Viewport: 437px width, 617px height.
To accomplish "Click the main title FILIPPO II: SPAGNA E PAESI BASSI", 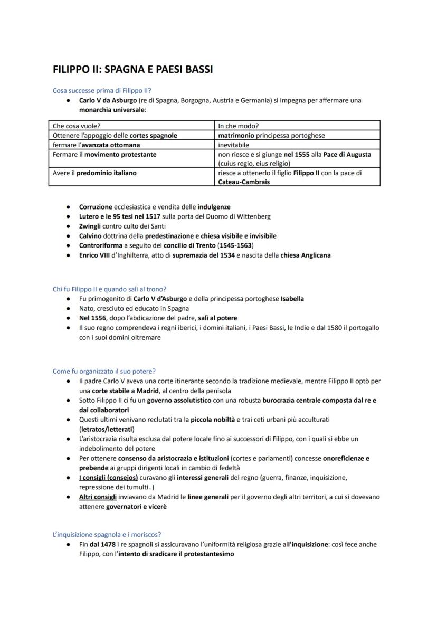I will [x=132, y=69].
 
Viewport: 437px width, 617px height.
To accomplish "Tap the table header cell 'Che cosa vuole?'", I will [x=77, y=126].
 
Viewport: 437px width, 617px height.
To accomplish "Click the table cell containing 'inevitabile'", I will [x=233, y=145].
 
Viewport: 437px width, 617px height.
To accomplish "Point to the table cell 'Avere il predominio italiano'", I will [x=91, y=173].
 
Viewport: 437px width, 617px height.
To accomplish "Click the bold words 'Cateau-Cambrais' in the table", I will [x=243, y=182].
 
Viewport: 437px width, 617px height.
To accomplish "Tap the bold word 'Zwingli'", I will [x=90, y=226].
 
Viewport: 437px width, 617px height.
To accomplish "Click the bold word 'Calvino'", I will [x=90, y=236].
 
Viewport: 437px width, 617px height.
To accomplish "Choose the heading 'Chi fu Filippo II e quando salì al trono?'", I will [x=110, y=289].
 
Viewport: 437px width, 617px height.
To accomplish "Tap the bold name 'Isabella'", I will [x=292, y=299].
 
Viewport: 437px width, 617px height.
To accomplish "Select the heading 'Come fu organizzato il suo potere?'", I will [x=104, y=371].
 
